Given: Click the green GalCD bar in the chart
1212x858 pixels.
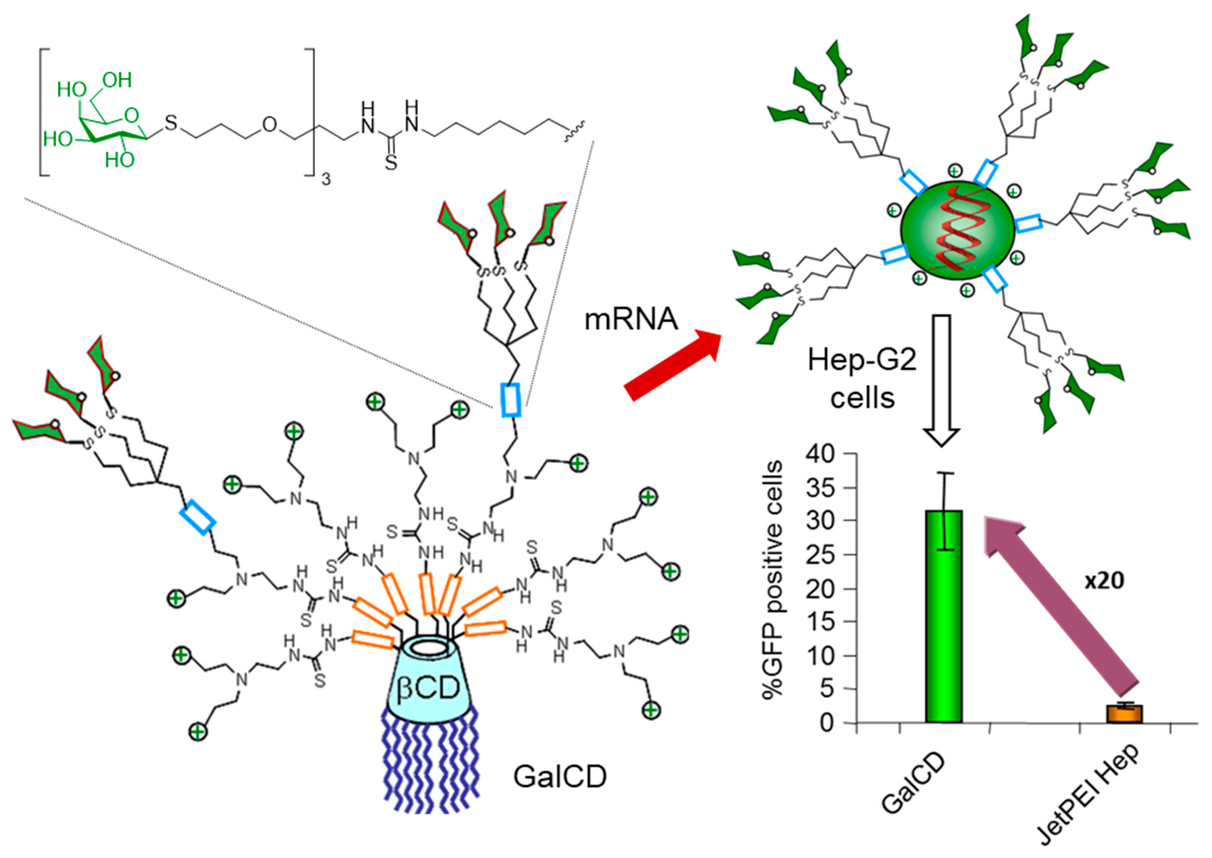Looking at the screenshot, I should (944, 618).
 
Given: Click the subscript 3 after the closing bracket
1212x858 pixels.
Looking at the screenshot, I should (326, 180).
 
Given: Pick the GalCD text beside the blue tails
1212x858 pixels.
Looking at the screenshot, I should (560, 777).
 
